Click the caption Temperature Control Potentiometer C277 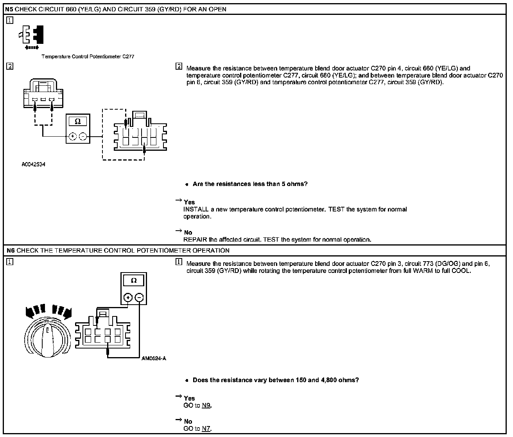tap(88, 57)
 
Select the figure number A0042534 tap(33, 165)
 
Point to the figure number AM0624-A tap(154, 358)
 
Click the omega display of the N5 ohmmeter tap(78, 122)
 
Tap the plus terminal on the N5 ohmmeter tap(72, 136)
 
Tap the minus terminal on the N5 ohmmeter tap(83, 136)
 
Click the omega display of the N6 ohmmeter tap(134, 280)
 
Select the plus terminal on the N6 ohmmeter tap(128, 298)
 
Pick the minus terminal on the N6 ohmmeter tap(139, 298)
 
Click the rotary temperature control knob tap(47, 339)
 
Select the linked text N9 tap(206, 406)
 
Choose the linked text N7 tap(206, 429)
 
